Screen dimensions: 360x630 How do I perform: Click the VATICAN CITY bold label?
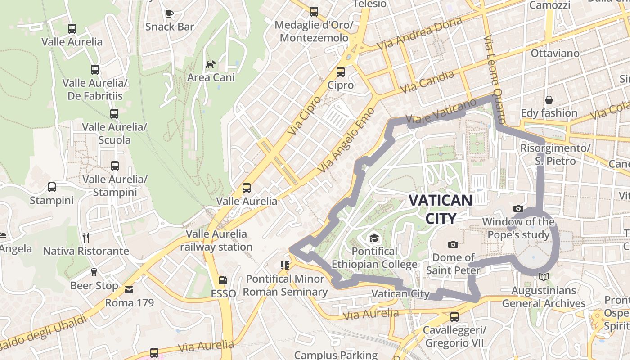441,209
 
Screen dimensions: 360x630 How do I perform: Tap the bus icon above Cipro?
341,72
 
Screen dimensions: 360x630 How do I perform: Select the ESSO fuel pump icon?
223,281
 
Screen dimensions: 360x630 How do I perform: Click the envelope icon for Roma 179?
130,289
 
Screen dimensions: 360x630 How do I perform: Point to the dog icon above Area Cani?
211,65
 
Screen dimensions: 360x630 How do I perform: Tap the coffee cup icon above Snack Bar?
170,13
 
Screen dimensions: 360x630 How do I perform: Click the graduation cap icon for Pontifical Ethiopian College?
374,238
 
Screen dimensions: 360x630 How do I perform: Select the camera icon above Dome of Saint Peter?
453,244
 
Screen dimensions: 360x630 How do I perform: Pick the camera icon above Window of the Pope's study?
518,209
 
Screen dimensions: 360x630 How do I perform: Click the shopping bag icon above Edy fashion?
549,99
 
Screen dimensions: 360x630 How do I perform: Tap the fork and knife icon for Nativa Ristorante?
86,237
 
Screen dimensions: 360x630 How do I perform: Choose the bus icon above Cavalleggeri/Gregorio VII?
454,317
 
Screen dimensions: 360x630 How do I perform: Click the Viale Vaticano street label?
441,112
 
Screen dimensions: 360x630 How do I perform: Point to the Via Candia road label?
427,82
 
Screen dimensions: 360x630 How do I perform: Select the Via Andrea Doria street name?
419,34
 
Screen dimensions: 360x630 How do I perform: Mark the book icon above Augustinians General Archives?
544,277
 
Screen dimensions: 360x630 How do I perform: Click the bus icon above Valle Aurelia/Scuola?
114,114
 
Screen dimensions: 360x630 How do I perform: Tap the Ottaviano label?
555,53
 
